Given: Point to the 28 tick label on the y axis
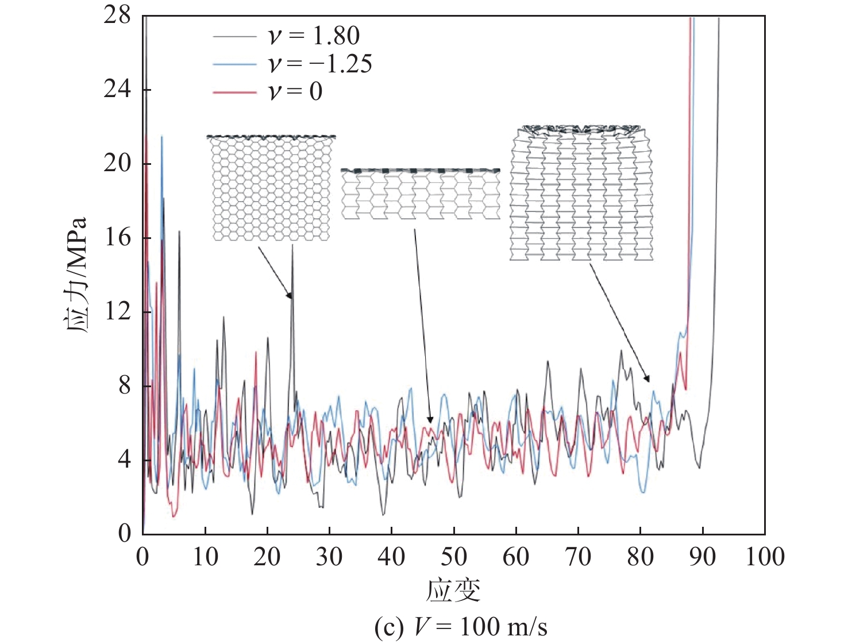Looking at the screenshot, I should (117, 16).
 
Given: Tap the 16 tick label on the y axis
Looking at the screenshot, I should (117, 237).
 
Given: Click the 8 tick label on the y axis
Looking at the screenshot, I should (125, 385).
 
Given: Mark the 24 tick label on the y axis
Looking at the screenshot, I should (117, 90).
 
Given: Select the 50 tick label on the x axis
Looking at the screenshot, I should (453, 557).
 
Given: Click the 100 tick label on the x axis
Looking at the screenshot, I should (765, 557).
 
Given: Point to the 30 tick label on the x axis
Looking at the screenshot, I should (329, 557).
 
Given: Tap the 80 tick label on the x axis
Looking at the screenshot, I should (640, 557).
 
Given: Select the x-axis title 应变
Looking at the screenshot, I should (453, 590).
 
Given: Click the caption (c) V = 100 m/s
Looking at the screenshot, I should (460, 626).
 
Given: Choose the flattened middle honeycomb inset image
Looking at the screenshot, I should (420, 194).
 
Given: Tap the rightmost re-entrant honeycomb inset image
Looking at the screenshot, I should (581, 193).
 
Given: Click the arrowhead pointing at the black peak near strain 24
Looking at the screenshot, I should (290, 296).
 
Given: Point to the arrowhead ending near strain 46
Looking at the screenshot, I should (430, 421).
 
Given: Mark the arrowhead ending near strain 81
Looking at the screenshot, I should (647, 379).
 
